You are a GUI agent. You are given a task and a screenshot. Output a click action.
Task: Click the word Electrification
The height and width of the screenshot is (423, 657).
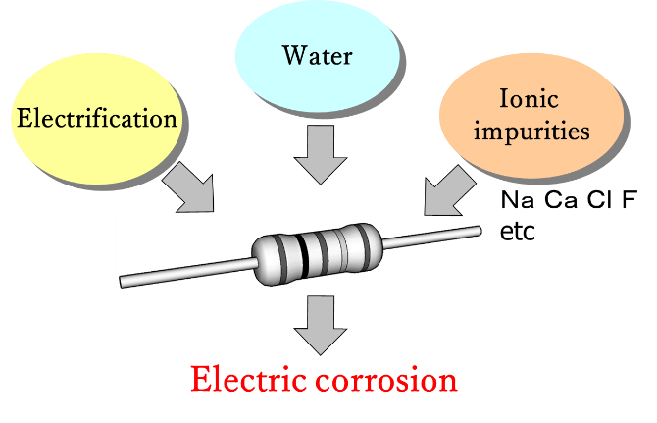coord(98,120)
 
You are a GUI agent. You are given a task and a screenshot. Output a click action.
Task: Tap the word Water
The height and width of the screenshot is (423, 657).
coord(317,54)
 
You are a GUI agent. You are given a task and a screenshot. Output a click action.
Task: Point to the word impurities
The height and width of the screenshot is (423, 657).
coord(531,131)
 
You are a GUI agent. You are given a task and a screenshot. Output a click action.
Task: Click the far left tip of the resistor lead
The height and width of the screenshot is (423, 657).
coord(123,283)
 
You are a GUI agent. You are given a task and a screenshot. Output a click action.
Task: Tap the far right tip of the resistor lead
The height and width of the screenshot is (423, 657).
coord(480,228)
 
